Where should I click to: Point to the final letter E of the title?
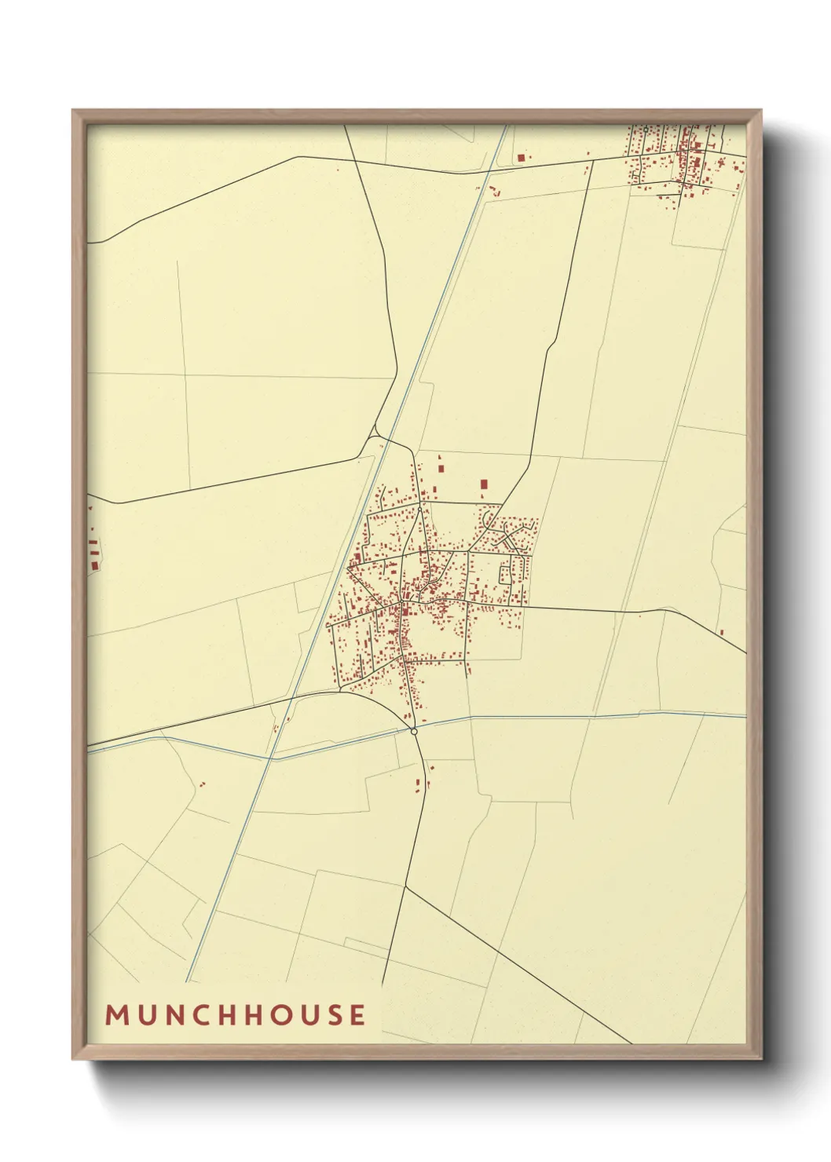(x=358, y=1014)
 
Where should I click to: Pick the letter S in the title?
(x=333, y=1014)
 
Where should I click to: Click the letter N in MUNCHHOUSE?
(x=174, y=1014)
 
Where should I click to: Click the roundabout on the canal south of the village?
(x=414, y=731)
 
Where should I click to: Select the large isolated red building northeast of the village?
(x=484, y=484)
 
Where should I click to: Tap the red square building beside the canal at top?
(x=521, y=158)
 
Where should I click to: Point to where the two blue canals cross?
(x=272, y=758)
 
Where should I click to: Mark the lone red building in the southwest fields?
(x=203, y=784)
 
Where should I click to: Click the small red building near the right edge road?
(x=721, y=632)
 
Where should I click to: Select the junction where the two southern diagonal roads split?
(x=405, y=886)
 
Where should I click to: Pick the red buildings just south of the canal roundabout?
(x=419, y=782)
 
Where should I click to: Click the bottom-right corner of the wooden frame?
(x=762, y=1058)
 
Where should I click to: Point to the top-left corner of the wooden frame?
(x=73, y=111)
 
